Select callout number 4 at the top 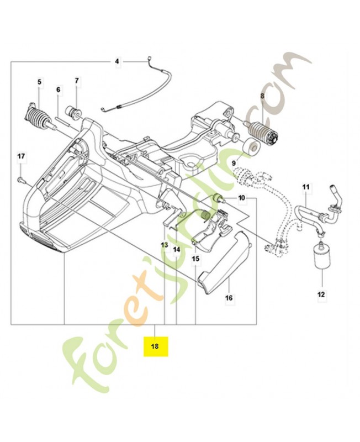click(x=117, y=61)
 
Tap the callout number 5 click(x=39, y=82)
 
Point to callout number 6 click(x=58, y=90)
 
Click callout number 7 click(x=77, y=81)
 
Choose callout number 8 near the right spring click(x=262, y=96)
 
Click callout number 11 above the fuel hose click(x=305, y=188)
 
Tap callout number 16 click(x=229, y=298)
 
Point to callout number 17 click(x=20, y=156)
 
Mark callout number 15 click(x=195, y=259)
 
